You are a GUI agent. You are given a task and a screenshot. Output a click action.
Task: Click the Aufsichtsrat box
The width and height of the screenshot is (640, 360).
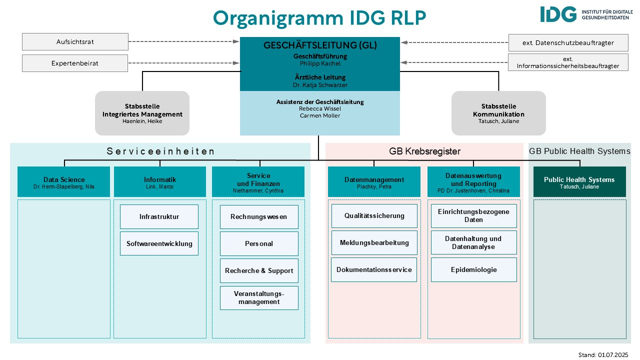click(x=75, y=41)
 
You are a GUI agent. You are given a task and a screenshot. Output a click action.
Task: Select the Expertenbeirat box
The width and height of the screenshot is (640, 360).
click(x=75, y=63)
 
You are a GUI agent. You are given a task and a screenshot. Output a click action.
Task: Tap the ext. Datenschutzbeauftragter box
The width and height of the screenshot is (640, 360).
click(x=568, y=42)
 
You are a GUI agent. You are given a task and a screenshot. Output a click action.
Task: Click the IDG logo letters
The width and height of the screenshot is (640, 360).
click(x=558, y=14)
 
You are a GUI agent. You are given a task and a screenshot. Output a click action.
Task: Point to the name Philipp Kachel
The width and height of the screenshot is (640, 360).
click(x=320, y=63)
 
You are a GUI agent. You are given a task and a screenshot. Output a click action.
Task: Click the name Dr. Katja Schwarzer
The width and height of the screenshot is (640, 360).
click(x=320, y=85)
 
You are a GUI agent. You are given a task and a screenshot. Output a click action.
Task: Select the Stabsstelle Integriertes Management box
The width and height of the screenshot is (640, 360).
click(x=142, y=113)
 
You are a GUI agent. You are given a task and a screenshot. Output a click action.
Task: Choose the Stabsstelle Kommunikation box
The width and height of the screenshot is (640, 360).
click(x=498, y=113)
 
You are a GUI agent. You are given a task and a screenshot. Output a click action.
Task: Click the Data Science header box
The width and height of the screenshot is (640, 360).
click(x=63, y=181)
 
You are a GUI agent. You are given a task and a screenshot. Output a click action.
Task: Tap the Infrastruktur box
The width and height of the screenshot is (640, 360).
click(x=159, y=216)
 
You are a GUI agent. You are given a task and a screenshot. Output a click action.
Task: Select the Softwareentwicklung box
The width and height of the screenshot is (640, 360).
click(x=159, y=243)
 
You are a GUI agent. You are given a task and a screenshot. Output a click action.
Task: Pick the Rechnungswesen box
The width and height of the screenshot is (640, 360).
click(x=259, y=216)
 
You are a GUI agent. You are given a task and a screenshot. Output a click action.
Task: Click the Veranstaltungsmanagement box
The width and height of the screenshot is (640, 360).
click(x=259, y=297)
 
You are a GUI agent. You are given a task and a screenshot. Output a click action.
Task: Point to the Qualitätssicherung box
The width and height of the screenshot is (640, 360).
click(x=374, y=215)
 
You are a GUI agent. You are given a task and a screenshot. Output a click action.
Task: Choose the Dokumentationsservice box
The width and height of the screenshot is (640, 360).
click(x=374, y=269)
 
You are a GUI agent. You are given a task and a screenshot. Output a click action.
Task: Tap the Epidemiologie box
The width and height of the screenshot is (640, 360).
click(x=473, y=269)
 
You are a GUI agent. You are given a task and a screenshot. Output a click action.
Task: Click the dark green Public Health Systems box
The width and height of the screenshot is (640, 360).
click(x=579, y=181)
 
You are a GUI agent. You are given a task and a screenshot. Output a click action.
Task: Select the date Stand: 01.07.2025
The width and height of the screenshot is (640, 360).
click(x=603, y=355)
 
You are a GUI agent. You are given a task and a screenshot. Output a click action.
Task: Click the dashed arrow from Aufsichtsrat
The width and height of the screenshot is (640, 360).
click(x=183, y=41)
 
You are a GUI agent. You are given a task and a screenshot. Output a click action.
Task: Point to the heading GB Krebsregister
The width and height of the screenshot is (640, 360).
click(x=424, y=151)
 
